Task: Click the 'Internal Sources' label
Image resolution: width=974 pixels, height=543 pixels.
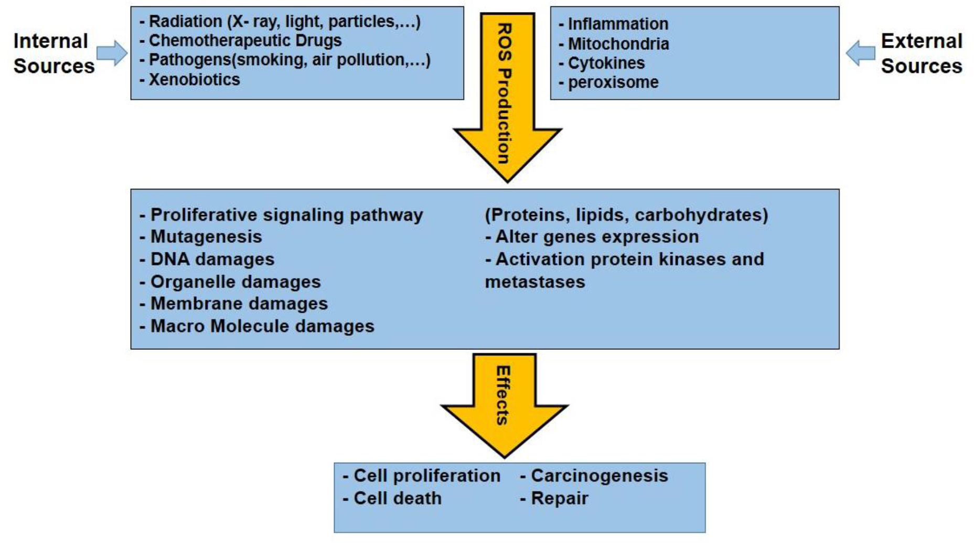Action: tap(53, 53)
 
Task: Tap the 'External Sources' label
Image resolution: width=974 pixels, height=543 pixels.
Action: tap(921, 53)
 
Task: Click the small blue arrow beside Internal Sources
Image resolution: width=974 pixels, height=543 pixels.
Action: tap(112, 52)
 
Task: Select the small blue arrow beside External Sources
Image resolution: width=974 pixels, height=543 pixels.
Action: tap(861, 53)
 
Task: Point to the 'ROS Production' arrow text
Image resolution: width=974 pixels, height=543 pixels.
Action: tap(504, 93)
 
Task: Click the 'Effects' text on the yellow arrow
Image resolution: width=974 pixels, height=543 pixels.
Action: tap(502, 395)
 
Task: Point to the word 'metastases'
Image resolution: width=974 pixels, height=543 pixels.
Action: tap(534, 282)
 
